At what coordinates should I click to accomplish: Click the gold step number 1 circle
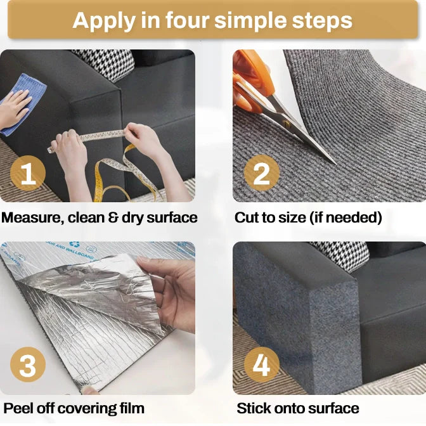[x=28, y=173]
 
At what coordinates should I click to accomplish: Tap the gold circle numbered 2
[x=262, y=173]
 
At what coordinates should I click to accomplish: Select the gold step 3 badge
[x=28, y=365]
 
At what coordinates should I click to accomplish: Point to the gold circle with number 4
[x=262, y=365]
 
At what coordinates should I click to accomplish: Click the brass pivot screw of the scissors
[x=287, y=124]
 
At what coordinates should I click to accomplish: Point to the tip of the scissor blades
[x=336, y=164]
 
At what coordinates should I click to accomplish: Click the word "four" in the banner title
[x=188, y=20]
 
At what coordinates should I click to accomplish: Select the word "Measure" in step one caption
[x=32, y=218]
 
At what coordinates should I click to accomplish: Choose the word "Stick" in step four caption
[x=254, y=408]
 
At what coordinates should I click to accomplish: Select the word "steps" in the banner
[x=322, y=21]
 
